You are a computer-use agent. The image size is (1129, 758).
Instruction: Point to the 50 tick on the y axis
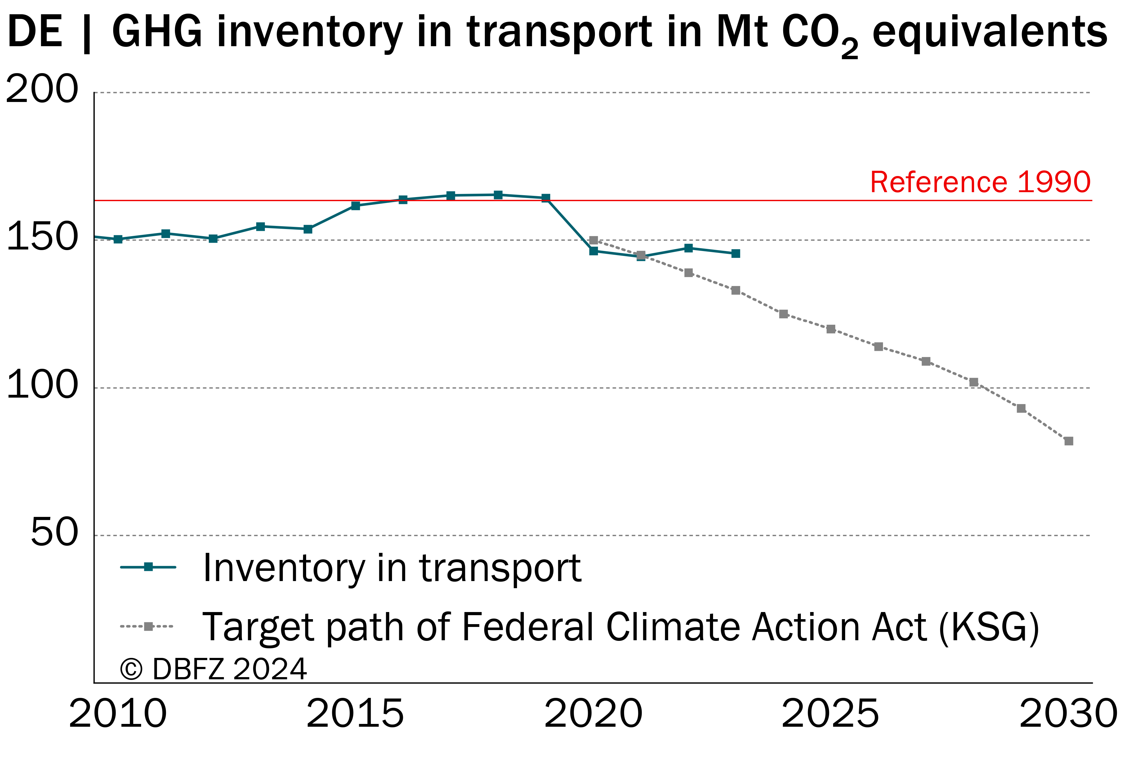54,532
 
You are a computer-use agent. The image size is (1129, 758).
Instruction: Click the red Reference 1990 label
980,182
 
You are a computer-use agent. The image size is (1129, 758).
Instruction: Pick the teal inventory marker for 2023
736,253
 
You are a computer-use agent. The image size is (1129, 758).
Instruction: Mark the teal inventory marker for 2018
498,195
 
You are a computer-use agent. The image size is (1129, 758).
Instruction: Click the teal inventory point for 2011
165,233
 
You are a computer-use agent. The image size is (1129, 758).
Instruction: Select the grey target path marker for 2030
1069,441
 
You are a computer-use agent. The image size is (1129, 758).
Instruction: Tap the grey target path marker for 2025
831,329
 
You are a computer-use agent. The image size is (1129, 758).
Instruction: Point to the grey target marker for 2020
594,240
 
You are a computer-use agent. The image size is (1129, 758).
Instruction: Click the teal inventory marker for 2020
594,251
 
